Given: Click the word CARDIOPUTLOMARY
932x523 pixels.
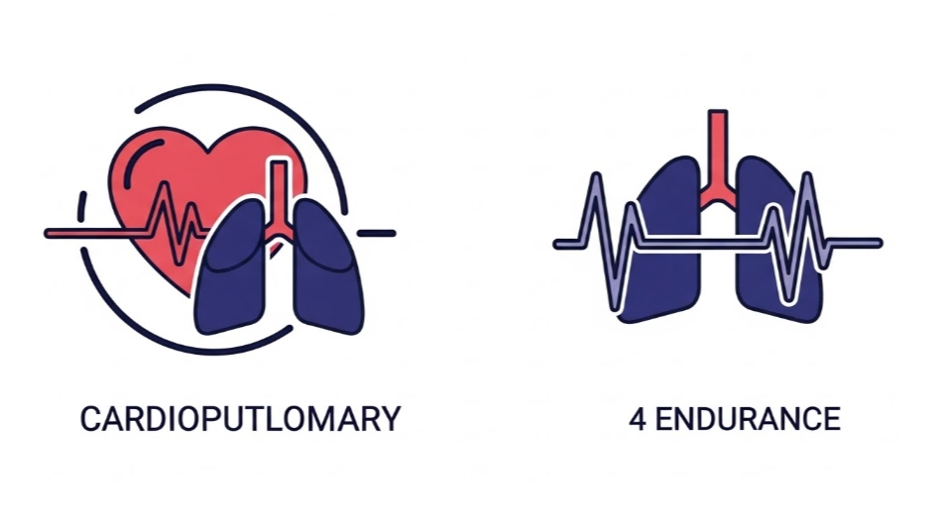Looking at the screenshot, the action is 240,418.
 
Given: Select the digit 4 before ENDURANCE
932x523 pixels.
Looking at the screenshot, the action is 637,418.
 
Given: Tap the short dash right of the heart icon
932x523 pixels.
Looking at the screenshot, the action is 376,234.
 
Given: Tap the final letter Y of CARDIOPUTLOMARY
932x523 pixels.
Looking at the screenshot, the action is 391,418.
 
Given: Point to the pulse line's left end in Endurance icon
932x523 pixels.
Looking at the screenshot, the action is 559,243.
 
